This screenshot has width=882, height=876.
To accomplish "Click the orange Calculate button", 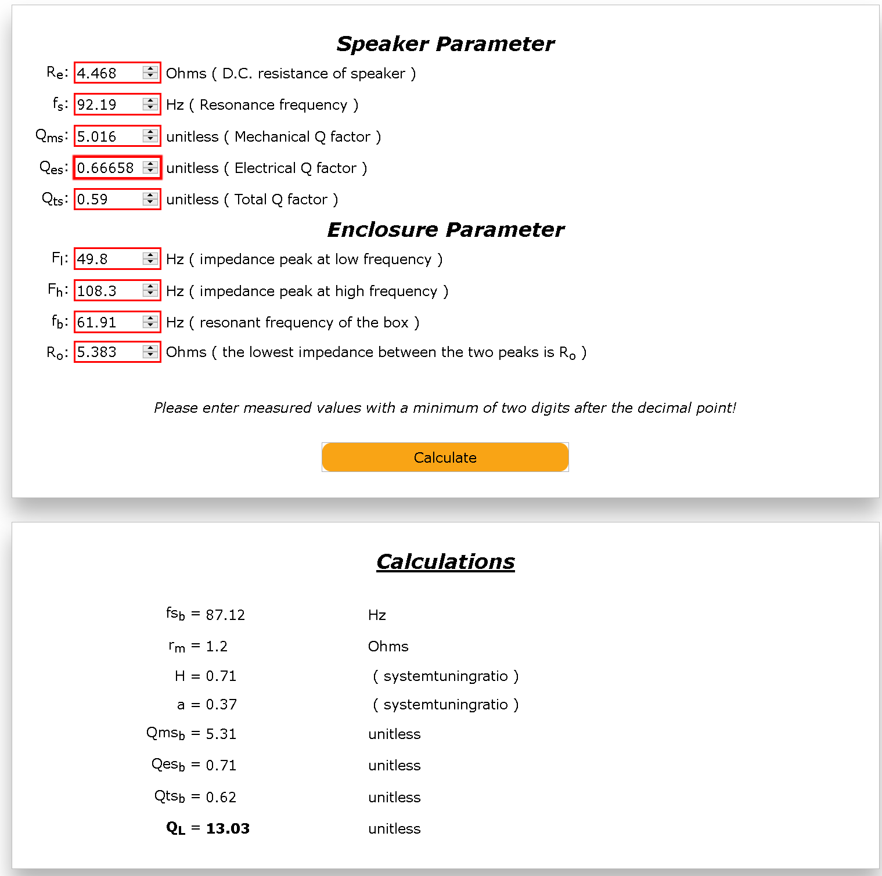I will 445,457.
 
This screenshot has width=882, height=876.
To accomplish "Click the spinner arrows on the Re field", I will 150,73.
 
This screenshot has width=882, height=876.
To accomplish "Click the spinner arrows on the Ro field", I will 150,352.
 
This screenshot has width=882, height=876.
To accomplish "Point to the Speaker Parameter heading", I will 445,44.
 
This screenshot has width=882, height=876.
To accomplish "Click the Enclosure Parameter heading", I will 445,230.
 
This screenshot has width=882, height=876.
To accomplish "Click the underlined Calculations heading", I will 445,561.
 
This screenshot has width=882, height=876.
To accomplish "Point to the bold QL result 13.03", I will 228,828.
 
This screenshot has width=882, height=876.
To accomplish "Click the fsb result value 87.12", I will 225,615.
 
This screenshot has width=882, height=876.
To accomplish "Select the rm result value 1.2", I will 217,646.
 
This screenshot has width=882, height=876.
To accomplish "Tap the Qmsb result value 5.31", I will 221,734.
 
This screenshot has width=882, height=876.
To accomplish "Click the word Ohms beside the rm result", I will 388,646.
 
